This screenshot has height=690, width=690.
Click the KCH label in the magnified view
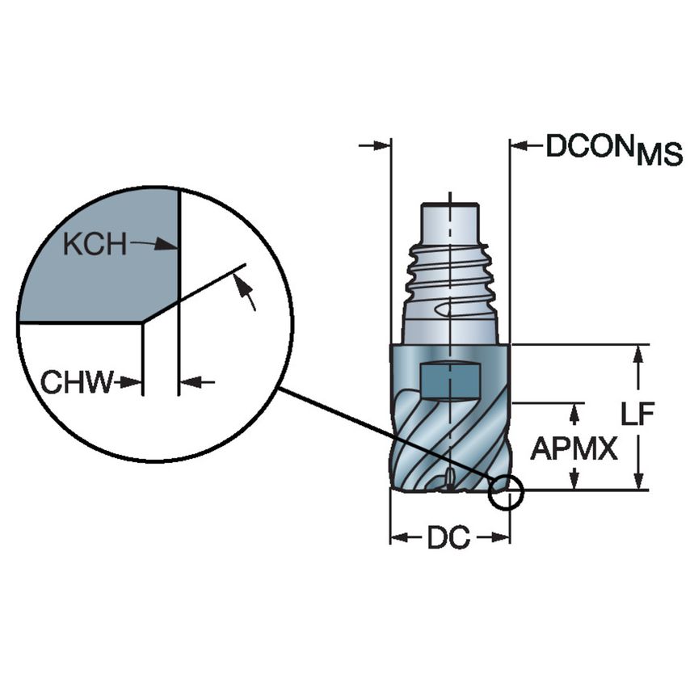click(x=95, y=244)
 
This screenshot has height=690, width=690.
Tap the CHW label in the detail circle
click(x=77, y=382)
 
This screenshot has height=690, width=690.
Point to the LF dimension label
click(x=637, y=414)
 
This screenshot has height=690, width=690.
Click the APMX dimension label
click(x=574, y=448)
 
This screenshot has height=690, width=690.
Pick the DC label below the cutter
click(x=448, y=538)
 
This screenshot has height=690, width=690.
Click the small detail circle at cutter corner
click(x=506, y=493)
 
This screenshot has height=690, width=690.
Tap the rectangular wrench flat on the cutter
click(x=450, y=381)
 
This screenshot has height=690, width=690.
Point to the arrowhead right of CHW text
click(x=135, y=382)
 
